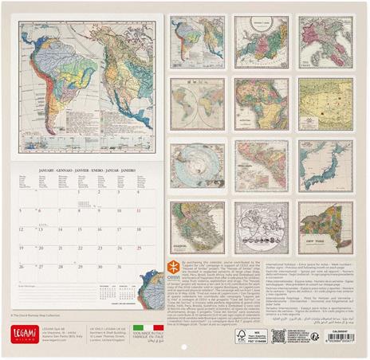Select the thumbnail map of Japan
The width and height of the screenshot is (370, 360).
coord(325,166)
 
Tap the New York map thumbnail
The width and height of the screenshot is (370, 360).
coord(325,227)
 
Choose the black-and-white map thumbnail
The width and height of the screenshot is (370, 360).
coord(261,227)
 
